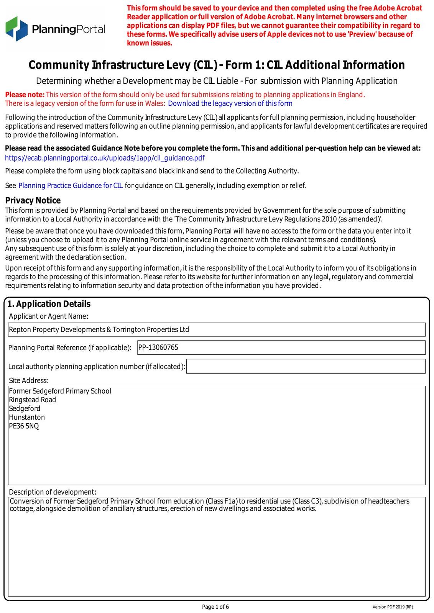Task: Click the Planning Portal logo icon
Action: click(x=16, y=29)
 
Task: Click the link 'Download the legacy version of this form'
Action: click(x=230, y=103)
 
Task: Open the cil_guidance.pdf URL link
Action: click(x=105, y=158)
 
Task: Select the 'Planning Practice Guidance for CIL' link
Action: click(x=71, y=186)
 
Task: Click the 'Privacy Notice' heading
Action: click(x=33, y=200)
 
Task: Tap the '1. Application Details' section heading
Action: click(x=49, y=304)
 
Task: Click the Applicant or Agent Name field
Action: click(x=217, y=329)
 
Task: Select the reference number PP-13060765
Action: click(x=158, y=347)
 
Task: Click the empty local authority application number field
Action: click(x=306, y=366)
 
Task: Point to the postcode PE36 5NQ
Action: click(x=24, y=426)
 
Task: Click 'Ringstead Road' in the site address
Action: click(x=33, y=400)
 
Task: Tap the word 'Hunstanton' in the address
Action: click(x=27, y=417)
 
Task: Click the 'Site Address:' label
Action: click(x=29, y=380)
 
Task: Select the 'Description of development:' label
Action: click(x=53, y=492)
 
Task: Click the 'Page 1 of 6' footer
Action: click(x=215, y=606)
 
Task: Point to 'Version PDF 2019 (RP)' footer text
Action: click(x=393, y=607)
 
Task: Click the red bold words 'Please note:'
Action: click(x=25, y=95)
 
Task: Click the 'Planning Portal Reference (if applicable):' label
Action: click(x=70, y=348)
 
